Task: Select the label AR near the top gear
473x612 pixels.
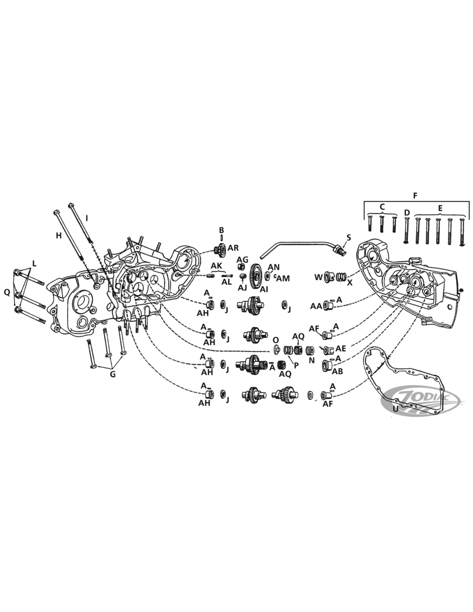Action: pos(233,247)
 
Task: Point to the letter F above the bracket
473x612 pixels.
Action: pos(415,195)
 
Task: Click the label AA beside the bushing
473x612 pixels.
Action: pos(316,306)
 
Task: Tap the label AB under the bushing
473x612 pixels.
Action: pos(338,372)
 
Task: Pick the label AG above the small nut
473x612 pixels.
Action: pos(242,259)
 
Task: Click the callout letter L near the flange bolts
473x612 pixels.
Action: pos(34,264)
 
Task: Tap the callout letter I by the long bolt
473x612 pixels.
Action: pos(87,218)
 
